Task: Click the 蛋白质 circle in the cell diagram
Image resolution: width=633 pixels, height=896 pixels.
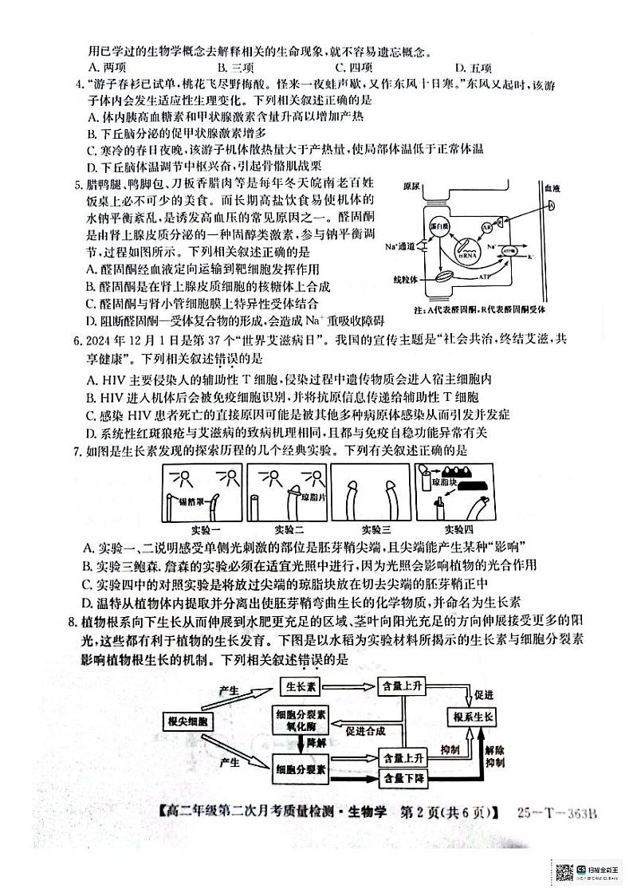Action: click(x=438, y=226)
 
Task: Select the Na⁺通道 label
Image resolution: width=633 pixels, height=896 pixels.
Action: click(x=399, y=246)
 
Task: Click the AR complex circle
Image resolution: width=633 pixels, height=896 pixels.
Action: click(x=486, y=227)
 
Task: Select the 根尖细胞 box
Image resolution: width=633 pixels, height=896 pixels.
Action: click(x=188, y=721)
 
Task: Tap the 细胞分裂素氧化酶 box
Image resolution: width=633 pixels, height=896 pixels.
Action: click(x=299, y=720)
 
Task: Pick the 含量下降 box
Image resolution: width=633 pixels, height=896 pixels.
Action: click(x=399, y=777)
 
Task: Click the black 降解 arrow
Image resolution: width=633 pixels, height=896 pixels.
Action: click(x=300, y=744)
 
